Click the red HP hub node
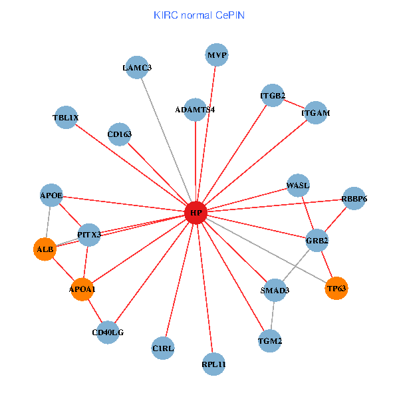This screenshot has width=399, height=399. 196,213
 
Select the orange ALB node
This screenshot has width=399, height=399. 45,249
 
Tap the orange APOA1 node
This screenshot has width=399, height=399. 82,289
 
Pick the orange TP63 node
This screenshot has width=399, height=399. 337,288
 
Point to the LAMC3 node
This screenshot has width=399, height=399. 137,67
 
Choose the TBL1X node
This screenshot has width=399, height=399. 65,118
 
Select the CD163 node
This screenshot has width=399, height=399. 119,134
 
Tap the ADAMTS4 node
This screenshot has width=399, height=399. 195,110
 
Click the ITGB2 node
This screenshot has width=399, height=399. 273,96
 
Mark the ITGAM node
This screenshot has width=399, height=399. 315,113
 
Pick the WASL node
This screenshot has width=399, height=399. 298,185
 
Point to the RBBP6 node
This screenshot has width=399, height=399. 354,198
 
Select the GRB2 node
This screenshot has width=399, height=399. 317,240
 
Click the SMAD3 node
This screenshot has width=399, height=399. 275,290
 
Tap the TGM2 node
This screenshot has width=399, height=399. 270,341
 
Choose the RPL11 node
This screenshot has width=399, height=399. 213,364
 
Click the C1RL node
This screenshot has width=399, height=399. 163,348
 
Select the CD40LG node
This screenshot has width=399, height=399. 108,332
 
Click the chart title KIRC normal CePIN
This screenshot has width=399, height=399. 199,15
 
